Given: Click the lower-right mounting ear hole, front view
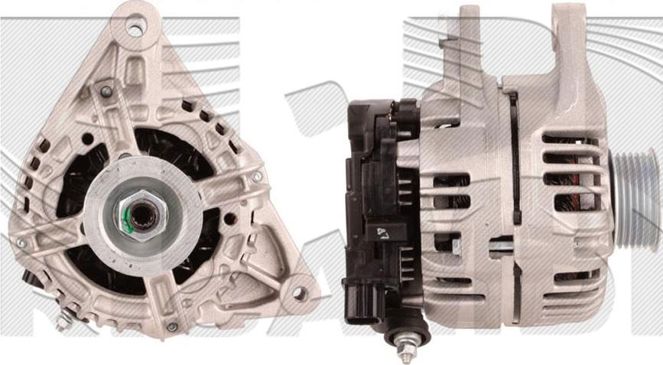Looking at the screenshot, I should coord(300,293).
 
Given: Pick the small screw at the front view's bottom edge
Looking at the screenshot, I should coord(171,327).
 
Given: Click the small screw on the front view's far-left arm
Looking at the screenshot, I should coord(21,243).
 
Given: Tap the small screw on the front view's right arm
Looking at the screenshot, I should coord(257,177).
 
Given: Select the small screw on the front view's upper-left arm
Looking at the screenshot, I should coord(106,92).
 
